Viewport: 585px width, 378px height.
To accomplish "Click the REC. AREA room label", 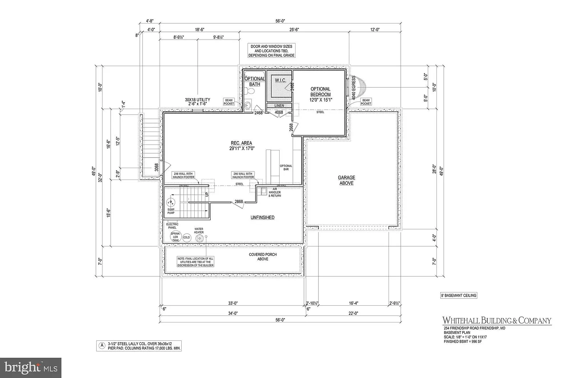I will pos(241,146).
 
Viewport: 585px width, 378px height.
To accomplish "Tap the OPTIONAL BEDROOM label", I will pos(320,94).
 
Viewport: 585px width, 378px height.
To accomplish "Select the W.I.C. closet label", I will pos(280,81).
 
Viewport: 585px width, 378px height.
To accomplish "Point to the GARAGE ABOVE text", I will pos(346,180).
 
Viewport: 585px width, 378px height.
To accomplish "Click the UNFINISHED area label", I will pos(262,218).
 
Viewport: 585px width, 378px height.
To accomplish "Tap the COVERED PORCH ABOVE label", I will pos(263,257).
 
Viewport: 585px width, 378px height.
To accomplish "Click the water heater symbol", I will pos(199,238).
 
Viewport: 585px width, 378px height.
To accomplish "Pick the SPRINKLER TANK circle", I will pos(175,237).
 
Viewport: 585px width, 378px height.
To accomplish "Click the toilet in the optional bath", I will pos(250,91).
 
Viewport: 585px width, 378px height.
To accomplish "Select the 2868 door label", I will pos(239,202).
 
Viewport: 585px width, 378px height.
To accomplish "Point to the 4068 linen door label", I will pos(279,113).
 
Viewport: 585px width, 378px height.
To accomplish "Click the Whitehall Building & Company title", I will pos(497,321).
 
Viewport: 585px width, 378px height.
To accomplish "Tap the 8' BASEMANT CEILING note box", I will pos(459,295).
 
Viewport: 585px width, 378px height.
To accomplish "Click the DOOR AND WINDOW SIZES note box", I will pos(272,51).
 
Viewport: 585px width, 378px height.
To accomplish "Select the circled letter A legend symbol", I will pos(102,346).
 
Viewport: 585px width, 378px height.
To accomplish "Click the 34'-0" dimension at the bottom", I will pos(233,313).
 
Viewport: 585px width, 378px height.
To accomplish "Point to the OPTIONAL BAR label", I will pos(286,167).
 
